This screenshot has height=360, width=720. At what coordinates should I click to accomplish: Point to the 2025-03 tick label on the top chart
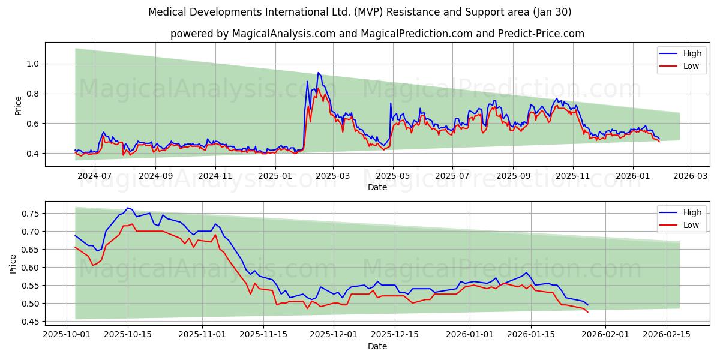pos(332,176)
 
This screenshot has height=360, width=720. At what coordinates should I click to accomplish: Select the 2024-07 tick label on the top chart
pos(95,176)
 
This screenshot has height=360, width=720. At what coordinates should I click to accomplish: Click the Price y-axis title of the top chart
pos(18,105)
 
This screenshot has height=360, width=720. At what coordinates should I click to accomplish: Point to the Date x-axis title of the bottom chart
pos(377,346)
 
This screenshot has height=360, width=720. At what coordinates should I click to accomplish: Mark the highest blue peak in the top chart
pos(318,73)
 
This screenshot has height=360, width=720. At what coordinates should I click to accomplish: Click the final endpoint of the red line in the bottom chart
pos(587,312)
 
